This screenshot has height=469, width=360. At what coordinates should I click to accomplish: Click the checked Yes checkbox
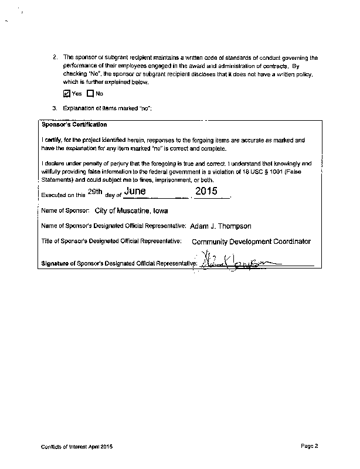tap(66, 93)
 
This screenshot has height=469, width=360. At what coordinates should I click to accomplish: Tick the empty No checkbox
tap(90, 93)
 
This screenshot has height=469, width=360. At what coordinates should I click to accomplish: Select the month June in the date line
tap(137, 191)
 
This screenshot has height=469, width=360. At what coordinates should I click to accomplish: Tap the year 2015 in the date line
tap(206, 191)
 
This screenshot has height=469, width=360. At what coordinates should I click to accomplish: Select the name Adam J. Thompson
tap(220, 225)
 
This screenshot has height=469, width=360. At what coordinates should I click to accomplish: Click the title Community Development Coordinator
tap(251, 242)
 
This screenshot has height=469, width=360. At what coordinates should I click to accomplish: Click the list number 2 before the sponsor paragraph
tap(55, 57)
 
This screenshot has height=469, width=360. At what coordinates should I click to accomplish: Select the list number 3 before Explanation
tap(55, 109)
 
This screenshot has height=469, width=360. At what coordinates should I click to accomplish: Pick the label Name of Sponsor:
tap(65, 210)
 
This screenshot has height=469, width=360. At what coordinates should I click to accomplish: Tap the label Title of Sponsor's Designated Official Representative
tap(111, 242)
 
